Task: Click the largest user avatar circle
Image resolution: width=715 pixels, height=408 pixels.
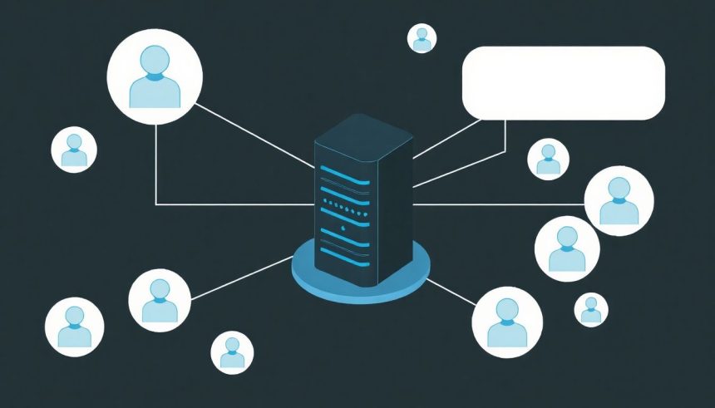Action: [155, 76]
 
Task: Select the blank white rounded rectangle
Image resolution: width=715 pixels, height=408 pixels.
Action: [563, 83]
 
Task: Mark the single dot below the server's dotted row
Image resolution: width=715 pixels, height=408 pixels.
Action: [342, 229]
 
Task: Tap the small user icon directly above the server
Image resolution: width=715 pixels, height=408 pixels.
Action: [422, 38]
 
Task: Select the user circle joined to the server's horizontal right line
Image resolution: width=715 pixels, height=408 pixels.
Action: [619, 201]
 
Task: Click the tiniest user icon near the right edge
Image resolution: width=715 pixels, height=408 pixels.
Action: [591, 310]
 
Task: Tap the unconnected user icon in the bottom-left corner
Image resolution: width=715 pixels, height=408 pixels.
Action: [74, 327]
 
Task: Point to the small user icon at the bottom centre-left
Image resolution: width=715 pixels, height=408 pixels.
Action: [232, 352]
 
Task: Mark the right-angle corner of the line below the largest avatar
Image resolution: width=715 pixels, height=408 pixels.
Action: [156, 204]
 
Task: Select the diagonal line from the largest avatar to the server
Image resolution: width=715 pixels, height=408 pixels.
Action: [254, 133]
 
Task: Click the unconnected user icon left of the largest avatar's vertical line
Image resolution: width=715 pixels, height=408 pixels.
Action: [74, 150]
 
